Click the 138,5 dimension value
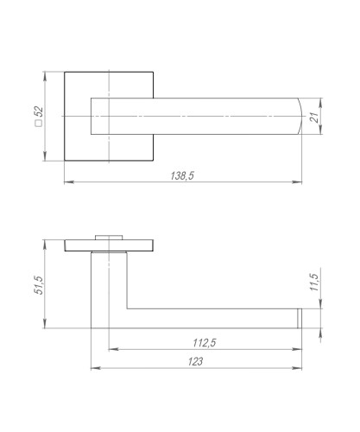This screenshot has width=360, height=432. (182, 175)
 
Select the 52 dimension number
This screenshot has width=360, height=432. (39, 111)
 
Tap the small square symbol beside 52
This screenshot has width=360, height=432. (39, 124)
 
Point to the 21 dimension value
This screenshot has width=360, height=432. (315, 117)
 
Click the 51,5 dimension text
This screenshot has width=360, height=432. (39, 285)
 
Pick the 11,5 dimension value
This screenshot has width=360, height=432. (315, 283)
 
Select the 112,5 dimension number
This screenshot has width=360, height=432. (205, 343)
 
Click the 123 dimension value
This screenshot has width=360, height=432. (195, 361)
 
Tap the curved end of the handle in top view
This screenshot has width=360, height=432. (301, 117)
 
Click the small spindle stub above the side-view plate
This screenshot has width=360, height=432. (109, 238)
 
